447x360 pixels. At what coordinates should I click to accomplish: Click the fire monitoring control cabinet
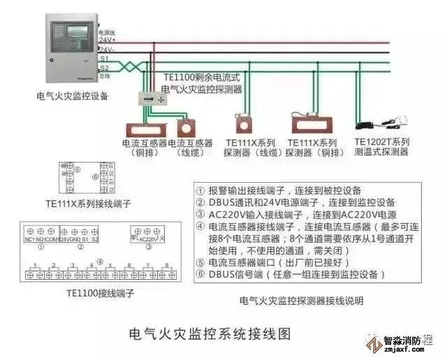[71, 49]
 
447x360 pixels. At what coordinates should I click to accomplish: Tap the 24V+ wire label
[107, 40]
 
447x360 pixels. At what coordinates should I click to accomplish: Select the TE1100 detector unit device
[156, 100]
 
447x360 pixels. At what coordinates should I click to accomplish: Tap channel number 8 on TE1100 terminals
[166, 266]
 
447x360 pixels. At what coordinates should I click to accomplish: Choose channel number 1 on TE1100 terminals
[34, 266]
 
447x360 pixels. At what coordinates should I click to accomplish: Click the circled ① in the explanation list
[200, 190]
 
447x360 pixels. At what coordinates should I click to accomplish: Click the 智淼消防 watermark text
[408, 343]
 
